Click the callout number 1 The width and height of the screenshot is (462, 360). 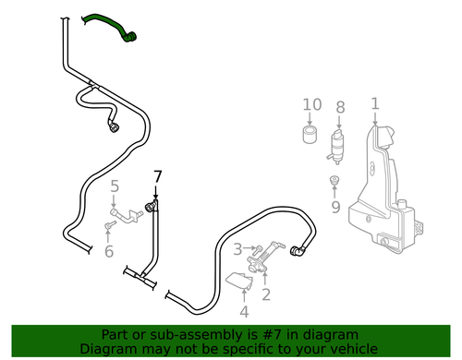coord(375,104)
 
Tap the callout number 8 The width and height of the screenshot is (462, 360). coord(340,108)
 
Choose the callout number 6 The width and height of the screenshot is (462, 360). coord(109,250)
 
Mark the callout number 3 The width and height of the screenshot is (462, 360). coord(237,249)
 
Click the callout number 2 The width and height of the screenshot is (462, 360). coord(265,295)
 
